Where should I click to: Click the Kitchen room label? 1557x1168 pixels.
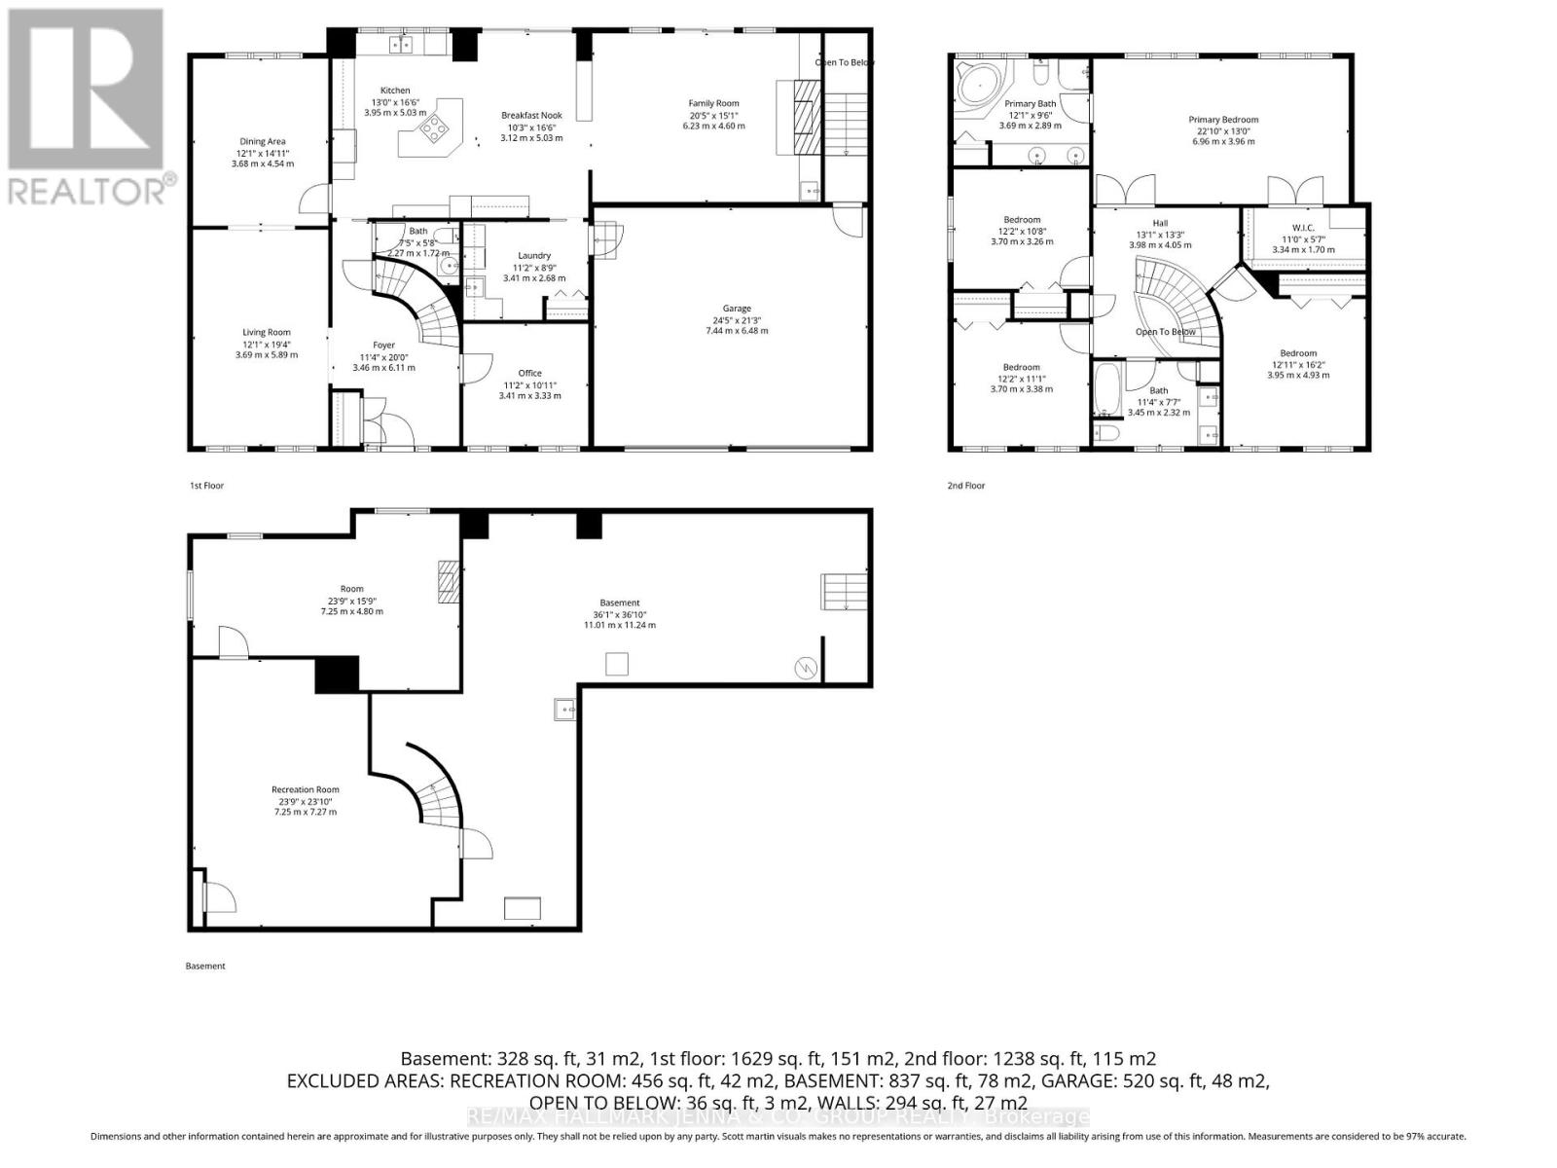click(395, 91)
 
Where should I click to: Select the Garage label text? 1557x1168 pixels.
click(737, 309)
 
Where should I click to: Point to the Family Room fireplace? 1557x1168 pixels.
click(803, 117)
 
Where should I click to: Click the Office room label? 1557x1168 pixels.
click(529, 373)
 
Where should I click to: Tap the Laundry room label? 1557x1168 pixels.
click(534, 256)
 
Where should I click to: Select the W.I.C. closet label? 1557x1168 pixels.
click(1303, 228)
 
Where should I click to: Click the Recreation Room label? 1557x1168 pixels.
click(306, 789)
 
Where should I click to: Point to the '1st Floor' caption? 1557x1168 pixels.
click(206, 485)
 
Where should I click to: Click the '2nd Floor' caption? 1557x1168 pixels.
click(966, 485)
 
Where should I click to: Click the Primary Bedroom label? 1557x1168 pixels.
click(1223, 120)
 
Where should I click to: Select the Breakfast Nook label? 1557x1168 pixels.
click(531, 115)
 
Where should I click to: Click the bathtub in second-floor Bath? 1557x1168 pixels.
click(1107, 386)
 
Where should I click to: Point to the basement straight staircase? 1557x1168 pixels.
click(843, 592)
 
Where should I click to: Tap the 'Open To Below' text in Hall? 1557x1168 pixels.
click(1165, 332)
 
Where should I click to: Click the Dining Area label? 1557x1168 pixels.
click(263, 141)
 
